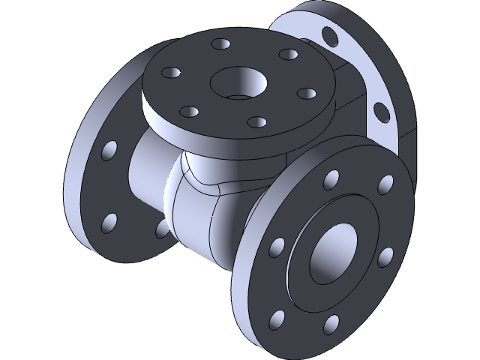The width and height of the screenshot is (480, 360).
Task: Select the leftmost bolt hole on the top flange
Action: coord(170,73)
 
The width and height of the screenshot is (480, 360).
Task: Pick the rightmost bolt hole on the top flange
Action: coord(304,94)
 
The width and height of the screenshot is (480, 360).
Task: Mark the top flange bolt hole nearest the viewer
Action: coord(256,121)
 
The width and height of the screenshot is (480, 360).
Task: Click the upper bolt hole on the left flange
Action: coord(109,150)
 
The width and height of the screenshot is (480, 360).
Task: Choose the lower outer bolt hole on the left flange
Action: coord(109,222)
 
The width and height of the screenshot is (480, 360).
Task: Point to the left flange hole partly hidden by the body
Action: coord(160,229)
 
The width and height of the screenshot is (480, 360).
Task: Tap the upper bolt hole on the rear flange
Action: coord(328,36)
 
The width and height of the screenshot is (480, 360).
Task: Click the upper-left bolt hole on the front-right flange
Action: coord(329,181)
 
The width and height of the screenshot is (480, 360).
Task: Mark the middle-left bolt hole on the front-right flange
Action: coord(277,247)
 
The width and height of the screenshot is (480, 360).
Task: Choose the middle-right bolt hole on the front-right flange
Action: coord(384,256)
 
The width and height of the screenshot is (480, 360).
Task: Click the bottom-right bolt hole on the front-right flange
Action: coord(331,325)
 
